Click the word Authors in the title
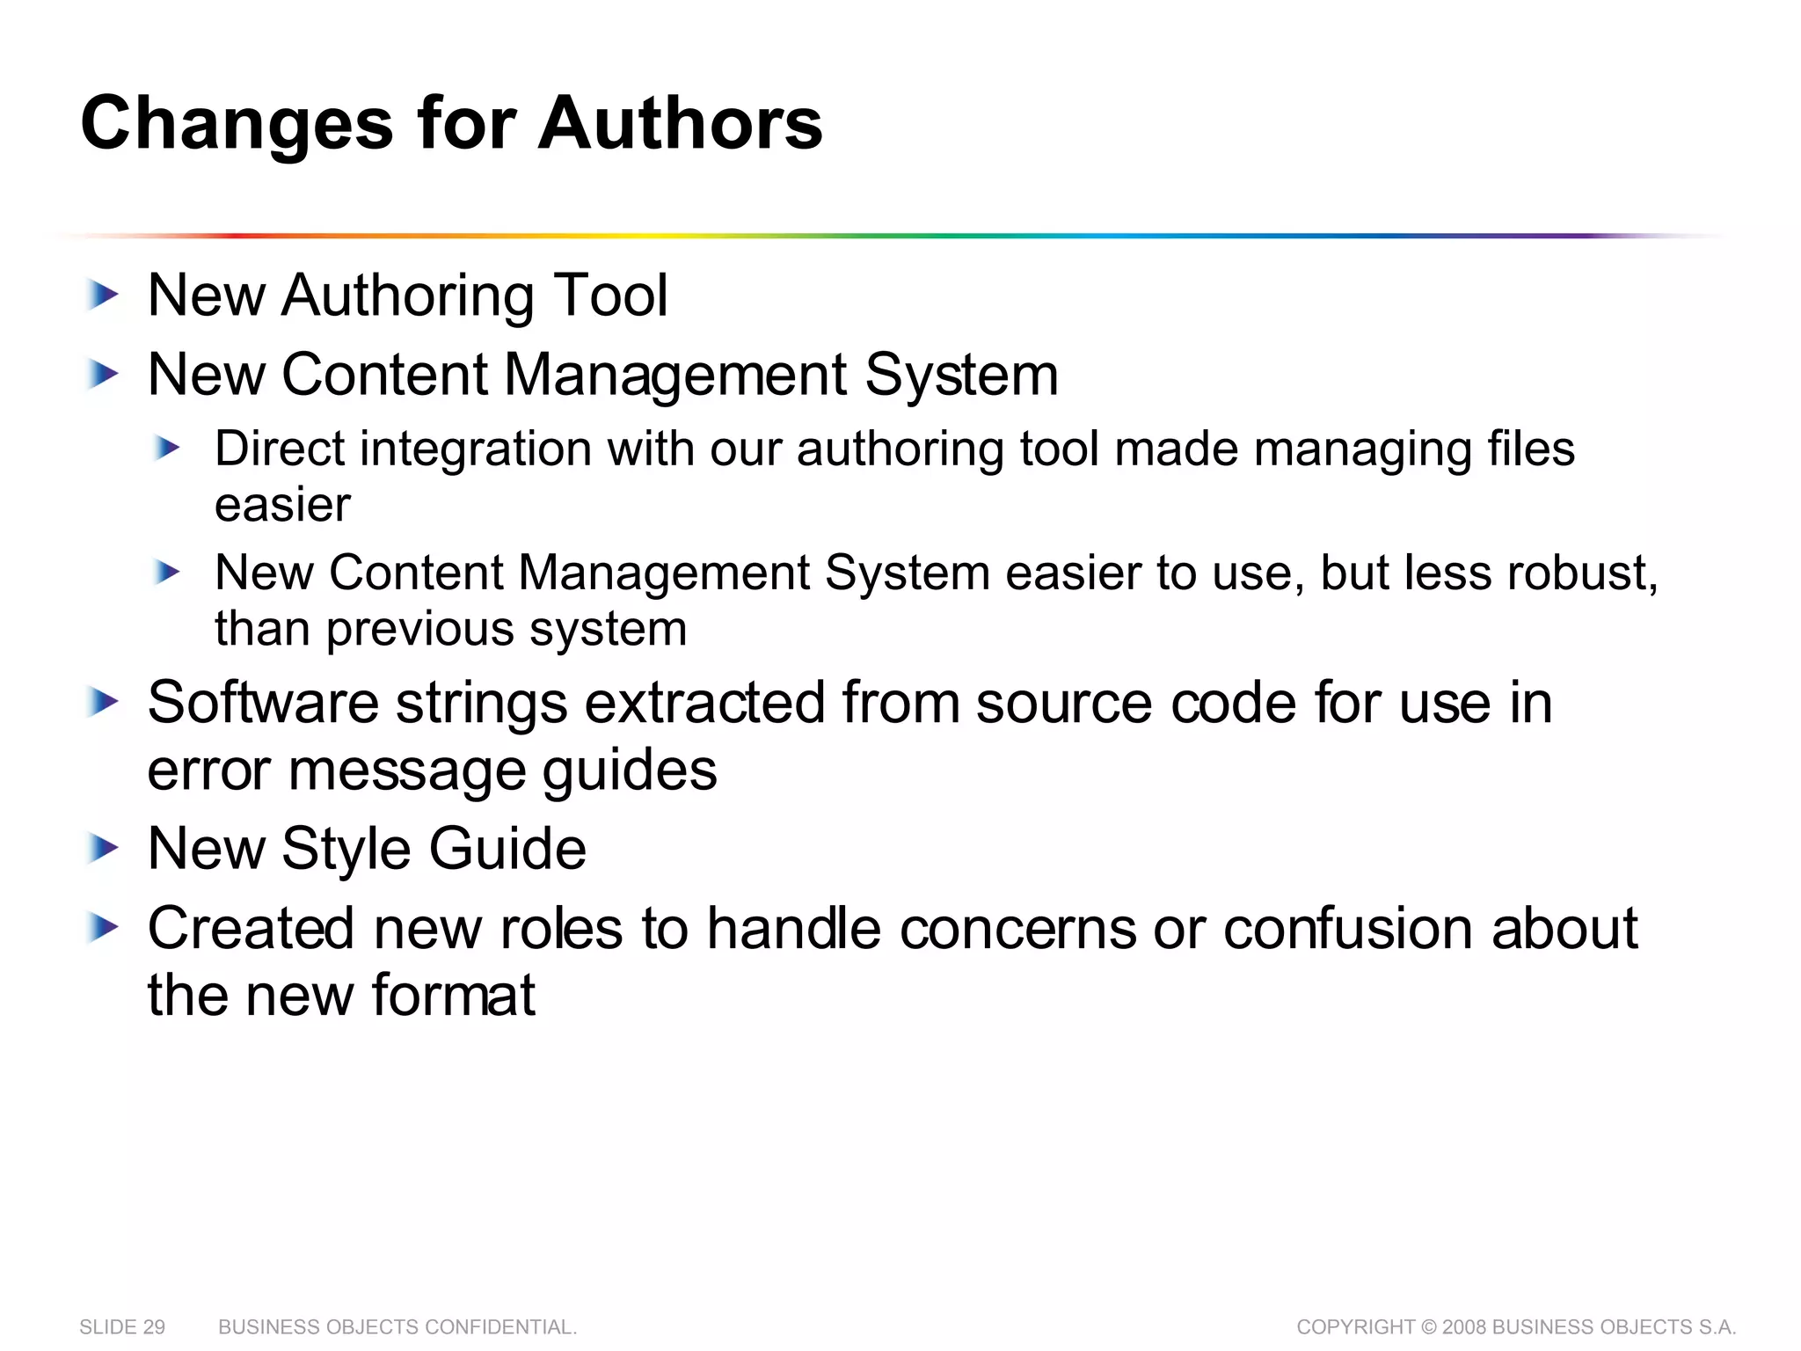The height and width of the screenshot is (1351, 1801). point(680,123)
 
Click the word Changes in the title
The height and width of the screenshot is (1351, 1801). point(237,123)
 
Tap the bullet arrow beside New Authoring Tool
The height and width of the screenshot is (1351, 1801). point(103,296)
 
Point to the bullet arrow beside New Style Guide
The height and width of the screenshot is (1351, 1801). point(103,849)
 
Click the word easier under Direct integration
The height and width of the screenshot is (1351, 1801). point(282,505)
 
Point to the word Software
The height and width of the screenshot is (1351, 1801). point(264,703)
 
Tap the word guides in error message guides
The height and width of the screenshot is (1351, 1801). point(629,770)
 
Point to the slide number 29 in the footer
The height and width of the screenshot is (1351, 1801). point(153,1327)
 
